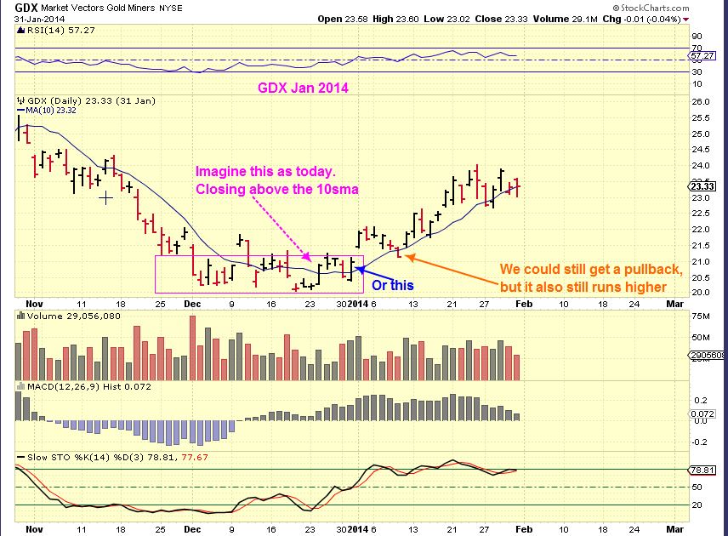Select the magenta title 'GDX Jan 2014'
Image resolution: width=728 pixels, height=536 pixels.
tap(303, 88)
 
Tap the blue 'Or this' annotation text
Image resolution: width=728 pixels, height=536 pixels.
tap(393, 284)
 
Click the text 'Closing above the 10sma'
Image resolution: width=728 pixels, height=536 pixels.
tap(277, 188)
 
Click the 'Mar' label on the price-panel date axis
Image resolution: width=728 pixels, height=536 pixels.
tap(674, 302)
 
